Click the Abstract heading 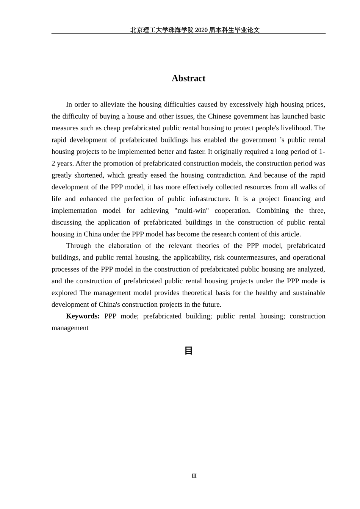tap(188, 78)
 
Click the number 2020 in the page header tap(201, 30)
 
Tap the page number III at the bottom tap(194, 476)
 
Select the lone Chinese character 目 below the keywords tap(188, 351)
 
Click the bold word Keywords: tap(83, 316)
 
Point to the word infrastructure tap(211, 199)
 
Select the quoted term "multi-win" tap(191, 211)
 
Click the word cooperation tap(232, 211)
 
